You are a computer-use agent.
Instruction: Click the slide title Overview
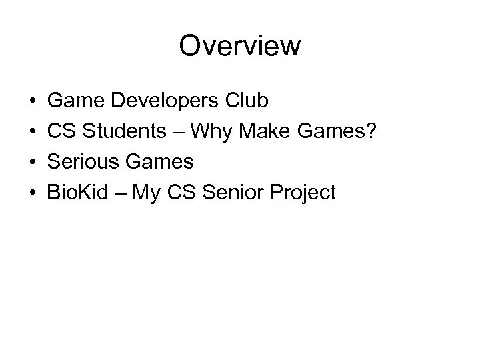pyautogui.click(x=240, y=47)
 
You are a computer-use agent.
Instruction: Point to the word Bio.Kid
pyautogui.click(x=75, y=193)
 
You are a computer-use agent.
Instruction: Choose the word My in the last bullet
pyautogui.click(x=142, y=193)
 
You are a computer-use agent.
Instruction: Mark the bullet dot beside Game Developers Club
pyautogui.click(x=33, y=102)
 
